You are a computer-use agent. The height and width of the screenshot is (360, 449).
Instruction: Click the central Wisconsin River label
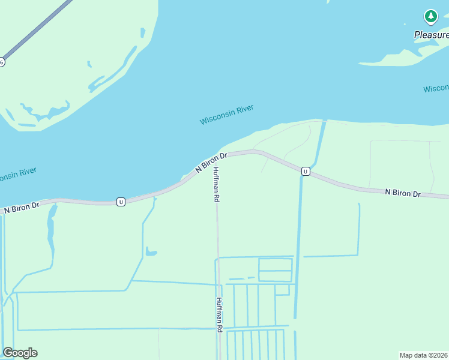point(226,115)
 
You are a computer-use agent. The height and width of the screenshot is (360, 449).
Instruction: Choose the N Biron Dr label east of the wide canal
point(403,193)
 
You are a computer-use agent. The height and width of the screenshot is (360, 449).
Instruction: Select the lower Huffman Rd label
point(220,314)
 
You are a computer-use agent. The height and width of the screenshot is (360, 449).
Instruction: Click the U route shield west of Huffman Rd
point(121,202)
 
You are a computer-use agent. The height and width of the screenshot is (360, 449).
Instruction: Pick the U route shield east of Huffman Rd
point(306,172)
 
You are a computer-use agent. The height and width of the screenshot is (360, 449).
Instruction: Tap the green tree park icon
point(430,16)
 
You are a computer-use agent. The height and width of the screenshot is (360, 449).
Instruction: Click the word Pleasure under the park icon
point(432,35)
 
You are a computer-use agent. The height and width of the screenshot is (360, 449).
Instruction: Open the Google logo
point(20,353)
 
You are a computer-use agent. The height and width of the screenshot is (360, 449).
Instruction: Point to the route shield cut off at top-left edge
point(2,62)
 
